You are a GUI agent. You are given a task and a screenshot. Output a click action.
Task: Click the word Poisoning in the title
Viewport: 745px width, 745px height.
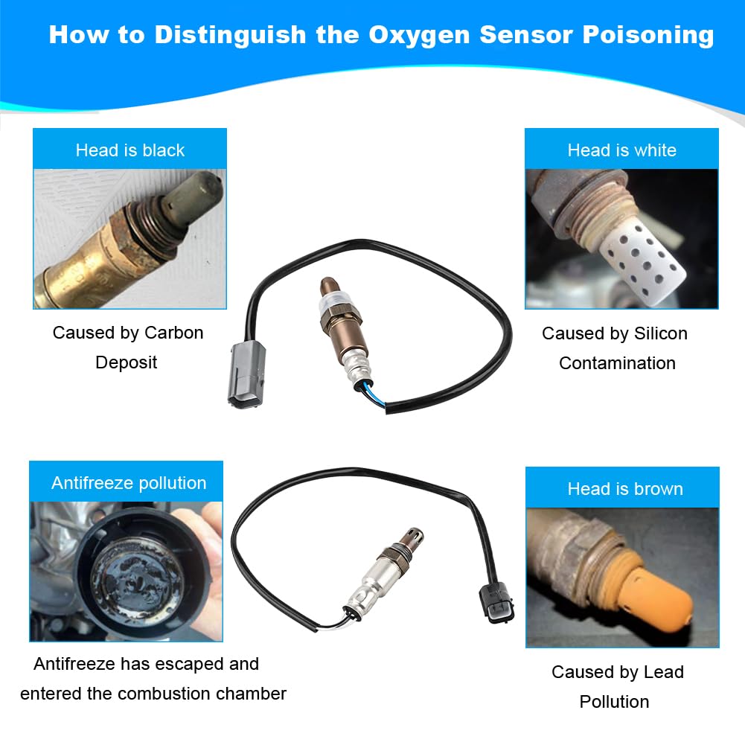(x=648, y=35)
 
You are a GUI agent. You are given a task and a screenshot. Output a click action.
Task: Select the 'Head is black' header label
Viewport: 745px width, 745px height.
(x=130, y=150)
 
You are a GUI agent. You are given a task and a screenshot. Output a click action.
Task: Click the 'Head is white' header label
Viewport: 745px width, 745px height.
(x=622, y=150)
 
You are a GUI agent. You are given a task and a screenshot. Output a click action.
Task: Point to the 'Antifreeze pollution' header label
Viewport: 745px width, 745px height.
(x=129, y=483)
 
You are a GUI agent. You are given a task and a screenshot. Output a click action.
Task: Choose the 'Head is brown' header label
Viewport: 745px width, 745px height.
(x=625, y=489)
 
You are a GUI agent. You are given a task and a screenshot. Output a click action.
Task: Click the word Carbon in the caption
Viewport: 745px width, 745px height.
(x=174, y=333)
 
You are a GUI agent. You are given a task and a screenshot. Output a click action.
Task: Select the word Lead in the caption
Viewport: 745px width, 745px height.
(x=664, y=672)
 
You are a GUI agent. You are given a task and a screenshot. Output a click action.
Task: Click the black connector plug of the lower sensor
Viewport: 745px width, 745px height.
(x=496, y=601)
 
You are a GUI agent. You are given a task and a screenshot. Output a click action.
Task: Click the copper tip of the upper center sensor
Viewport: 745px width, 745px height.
(x=329, y=287)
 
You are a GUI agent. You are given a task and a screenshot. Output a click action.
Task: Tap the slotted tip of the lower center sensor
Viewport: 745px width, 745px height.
(x=412, y=537)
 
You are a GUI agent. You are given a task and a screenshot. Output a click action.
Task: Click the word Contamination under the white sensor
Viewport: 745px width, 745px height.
(x=617, y=363)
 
